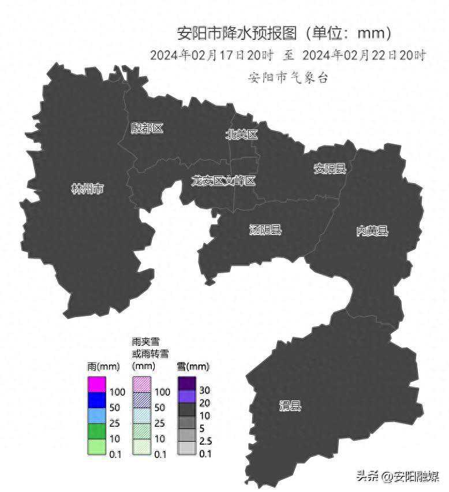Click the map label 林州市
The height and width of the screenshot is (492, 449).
[87, 189]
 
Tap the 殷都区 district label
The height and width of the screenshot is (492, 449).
[147, 128]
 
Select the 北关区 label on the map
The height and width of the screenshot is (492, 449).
[241, 135]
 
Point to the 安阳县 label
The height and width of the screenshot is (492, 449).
[330, 169]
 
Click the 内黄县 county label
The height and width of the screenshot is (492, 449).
[372, 231]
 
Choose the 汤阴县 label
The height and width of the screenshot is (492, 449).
[265, 230]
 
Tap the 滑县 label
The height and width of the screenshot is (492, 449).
[290, 406]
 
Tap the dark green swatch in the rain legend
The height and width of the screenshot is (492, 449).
[96, 431]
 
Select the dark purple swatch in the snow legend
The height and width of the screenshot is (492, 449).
[187, 383]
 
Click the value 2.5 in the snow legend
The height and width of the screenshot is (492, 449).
[205, 441]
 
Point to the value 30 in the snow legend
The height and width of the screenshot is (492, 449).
[204, 390]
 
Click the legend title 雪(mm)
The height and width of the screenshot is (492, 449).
[193, 366]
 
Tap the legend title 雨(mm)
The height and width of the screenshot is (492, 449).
[103, 366]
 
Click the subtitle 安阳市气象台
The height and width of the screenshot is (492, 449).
[288, 77]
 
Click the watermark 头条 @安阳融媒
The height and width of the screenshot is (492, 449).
[398, 476]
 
